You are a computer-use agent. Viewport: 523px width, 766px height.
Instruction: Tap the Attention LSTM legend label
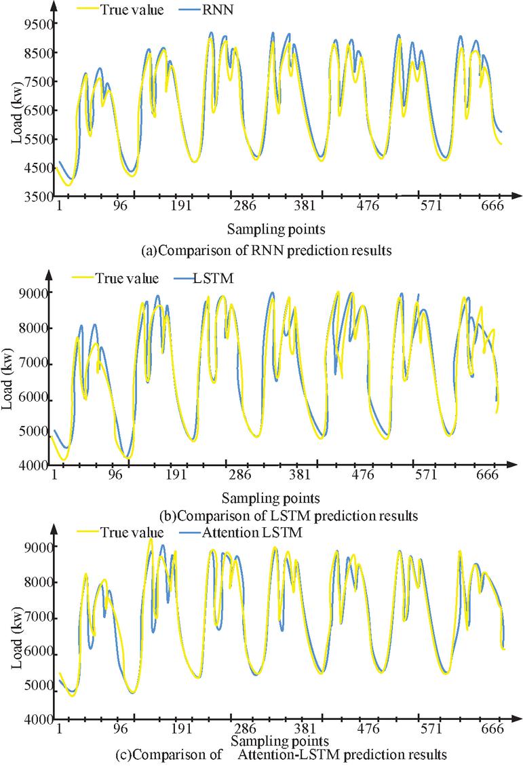(x=252, y=533)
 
